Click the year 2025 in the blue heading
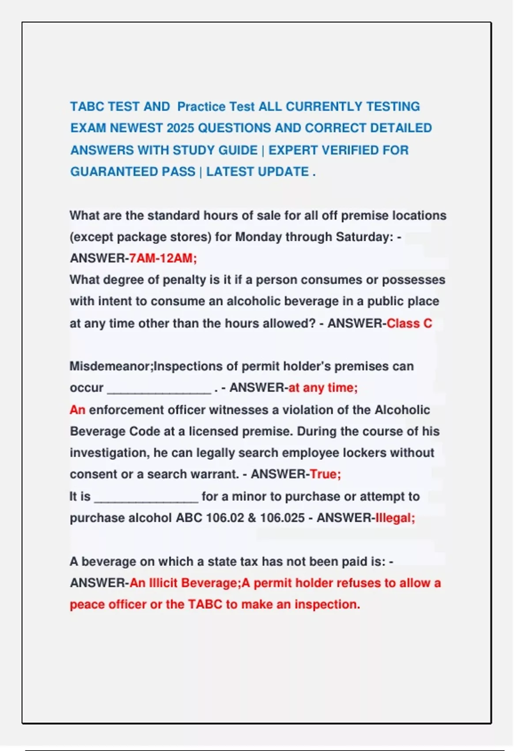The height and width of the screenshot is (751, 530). pyautogui.click(x=180, y=128)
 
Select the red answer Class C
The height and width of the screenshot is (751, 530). pyautogui.click(x=409, y=323)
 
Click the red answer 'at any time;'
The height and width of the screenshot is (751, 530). pyautogui.click(x=322, y=388)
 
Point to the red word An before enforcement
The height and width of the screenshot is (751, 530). pyautogui.click(x=77, y=410)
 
